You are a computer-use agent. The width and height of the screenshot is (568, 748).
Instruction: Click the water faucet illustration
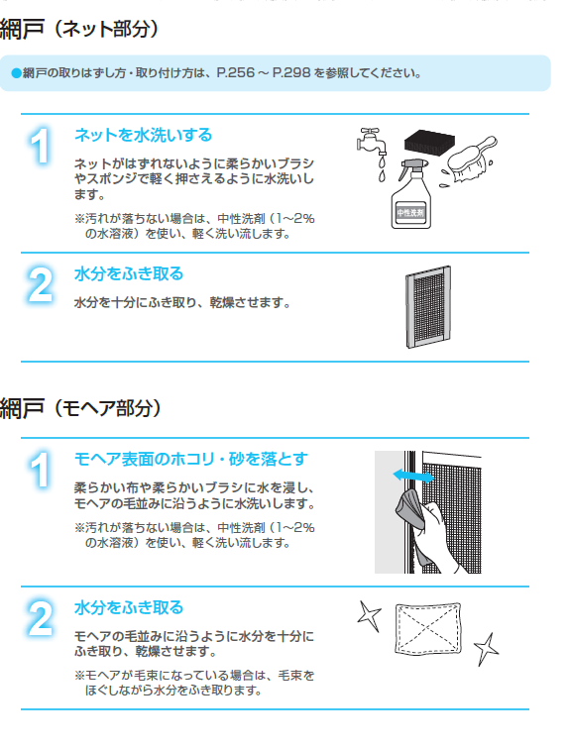click(372, 143)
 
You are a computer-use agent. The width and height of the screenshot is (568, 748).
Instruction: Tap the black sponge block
click(429, 141)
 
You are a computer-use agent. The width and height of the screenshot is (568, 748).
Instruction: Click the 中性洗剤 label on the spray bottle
click(410, 213)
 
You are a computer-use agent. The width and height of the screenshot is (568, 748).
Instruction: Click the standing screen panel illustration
click(428, 307)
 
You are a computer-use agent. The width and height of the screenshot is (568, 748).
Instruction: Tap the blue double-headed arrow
click(413, 476)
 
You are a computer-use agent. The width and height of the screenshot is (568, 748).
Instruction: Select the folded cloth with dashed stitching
click(428, 628)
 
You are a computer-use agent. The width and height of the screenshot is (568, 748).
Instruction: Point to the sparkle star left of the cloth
click(370, 616)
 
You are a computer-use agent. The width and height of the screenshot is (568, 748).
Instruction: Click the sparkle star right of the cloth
click(486, 649)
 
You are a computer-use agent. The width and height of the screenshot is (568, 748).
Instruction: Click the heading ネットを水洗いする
click(143, 135)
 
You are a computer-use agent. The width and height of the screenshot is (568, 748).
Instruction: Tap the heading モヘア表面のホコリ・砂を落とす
click(191, 459)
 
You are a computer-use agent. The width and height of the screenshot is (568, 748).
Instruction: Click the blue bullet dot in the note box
click(16, 73)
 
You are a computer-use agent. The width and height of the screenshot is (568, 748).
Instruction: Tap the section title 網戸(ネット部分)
click(79, 29)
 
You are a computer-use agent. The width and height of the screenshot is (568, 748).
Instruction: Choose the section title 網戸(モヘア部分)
click(80, 408)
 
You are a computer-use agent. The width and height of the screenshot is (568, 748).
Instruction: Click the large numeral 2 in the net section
click(40, 284)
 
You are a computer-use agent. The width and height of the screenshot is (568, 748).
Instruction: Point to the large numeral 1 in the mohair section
click(40, 471)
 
